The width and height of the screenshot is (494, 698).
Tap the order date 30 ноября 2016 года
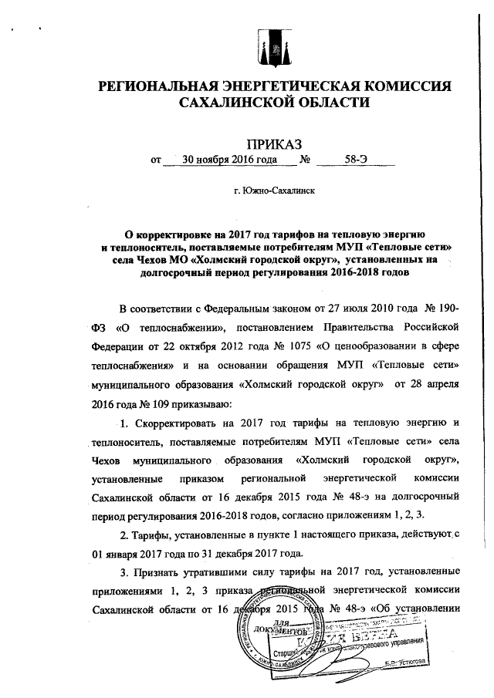pyautogui.click(x=229, y=161)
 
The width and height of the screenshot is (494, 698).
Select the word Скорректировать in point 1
pyautogui.click(x=180, y=424)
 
